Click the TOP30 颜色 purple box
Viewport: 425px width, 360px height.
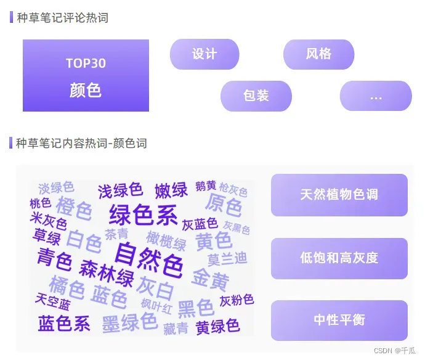(x=86, y=75)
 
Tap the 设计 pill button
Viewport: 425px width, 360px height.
(x=204, y=54)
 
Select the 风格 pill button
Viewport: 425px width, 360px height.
(x=318, y=54)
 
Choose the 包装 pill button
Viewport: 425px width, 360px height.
(x=256, y=96)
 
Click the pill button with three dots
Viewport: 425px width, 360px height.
(x=376, y=96)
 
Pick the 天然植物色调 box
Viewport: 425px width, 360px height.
(x=339, y=195)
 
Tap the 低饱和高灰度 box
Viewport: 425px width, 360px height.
(x=339, y=258)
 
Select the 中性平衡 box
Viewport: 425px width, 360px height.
(x=339, y=320)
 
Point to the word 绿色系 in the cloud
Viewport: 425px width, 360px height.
(x=143, y=215)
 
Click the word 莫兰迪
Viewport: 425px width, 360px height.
(x=227, y=259)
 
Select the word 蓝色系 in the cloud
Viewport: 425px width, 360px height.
(x=64, y=324)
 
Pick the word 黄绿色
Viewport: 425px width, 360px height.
(x=217, y=326)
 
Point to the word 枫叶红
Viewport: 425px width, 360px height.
(x=156, y=305)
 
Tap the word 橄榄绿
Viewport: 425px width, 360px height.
(x=166, y=239)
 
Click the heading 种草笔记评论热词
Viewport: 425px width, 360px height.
(x=62, y=18)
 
